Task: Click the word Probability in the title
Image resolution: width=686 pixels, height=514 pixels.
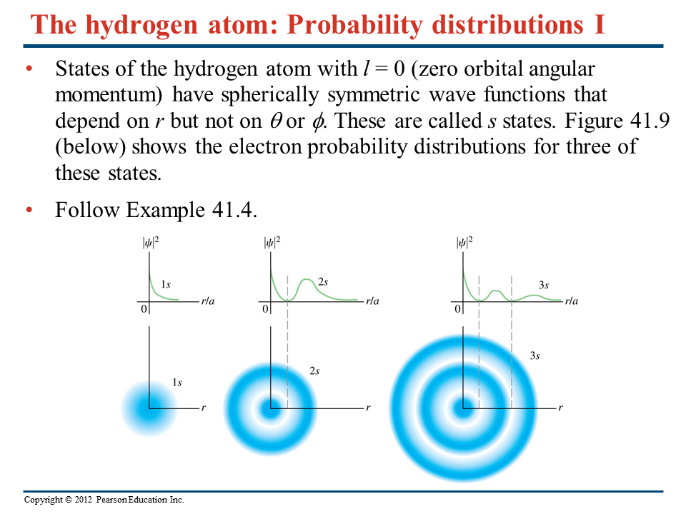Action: (354, 24)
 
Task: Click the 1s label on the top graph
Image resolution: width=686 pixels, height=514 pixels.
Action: (166, 285)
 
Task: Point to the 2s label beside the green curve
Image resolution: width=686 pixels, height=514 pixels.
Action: (323, 282)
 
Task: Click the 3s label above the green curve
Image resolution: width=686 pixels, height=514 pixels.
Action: (543, 285)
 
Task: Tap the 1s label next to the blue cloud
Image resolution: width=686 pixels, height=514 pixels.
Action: (177, 383)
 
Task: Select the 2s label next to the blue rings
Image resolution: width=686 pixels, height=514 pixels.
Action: (314, 371)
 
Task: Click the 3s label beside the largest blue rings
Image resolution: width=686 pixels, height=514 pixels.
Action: (535, 356)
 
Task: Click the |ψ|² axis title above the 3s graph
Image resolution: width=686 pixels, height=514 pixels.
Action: (464, 243)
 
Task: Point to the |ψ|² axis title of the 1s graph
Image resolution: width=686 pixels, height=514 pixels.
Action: (151, 243)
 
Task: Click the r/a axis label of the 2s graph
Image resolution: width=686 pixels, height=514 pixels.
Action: (372, 301)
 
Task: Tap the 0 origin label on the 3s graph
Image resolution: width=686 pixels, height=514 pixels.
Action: (457, 309)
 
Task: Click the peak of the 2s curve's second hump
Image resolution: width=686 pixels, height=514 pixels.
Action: (307, 279)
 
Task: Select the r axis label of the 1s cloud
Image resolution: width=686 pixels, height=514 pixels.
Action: (204, 408)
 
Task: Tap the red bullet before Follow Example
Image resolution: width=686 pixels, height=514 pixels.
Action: (29, 210)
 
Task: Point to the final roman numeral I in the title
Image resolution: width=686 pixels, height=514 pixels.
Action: (600, 24)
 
